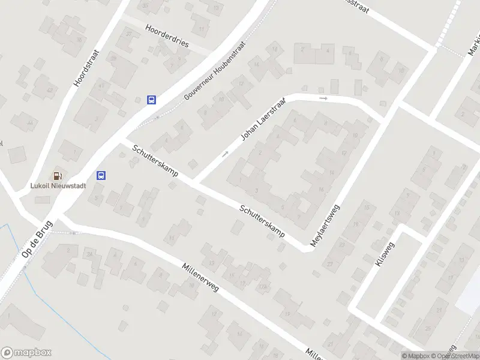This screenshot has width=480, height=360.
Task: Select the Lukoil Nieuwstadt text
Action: click(x=58, y=186)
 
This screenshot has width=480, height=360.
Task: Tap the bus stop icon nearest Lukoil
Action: click(x=102, y=176)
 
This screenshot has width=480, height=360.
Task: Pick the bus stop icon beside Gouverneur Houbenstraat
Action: click(x=152, y=100)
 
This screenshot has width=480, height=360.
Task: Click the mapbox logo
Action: click(x=26, y=353)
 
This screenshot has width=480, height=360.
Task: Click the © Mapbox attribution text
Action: click(x=416, y=356)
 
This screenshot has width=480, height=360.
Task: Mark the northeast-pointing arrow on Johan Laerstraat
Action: click(x=226, y=154)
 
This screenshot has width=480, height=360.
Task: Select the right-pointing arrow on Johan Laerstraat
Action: click(x=324, y=98)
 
